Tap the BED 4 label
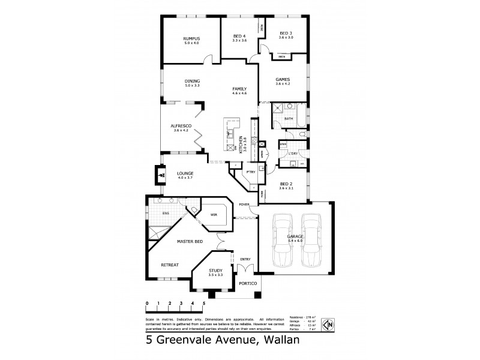click(239, 37)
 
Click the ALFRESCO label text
click(181, 125)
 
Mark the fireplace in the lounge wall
click(161, 175)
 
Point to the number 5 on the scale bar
click(205, 304)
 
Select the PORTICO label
click(248, 283)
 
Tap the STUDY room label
click(215, 271)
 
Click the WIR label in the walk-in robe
click(213, 215)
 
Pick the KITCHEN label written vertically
click(241, 146)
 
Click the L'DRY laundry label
click(293, 154)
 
